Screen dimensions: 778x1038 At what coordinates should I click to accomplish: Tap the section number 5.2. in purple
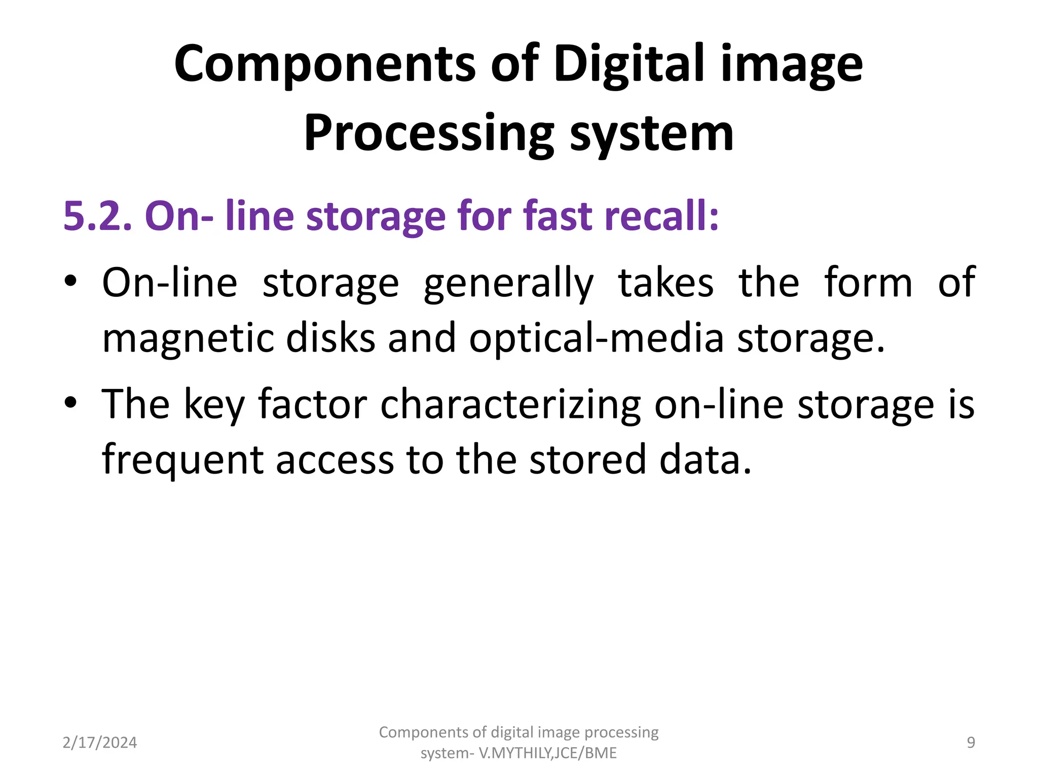coord(97,216)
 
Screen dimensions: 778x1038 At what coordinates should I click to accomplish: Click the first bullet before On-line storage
coord(70,282)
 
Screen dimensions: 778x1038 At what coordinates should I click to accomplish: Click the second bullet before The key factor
coord(70,403)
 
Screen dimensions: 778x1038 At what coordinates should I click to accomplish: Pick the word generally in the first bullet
coord(508,284)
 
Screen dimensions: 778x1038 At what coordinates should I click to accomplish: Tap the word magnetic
coord(188,338)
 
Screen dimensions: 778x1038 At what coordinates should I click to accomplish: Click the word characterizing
coord(511,405)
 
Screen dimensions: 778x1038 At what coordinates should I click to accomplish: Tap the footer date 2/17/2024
coord(100,743)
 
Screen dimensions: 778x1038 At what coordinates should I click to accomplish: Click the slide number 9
coord(971,743)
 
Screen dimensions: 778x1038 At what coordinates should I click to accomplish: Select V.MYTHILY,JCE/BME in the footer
coord(548,753)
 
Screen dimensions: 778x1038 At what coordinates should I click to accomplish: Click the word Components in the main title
coord(325,64)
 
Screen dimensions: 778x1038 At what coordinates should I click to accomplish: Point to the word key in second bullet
coord(214,405)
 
